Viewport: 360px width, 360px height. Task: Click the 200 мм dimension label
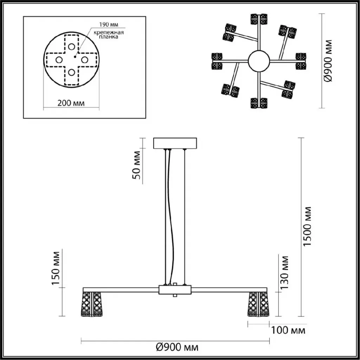click(71, 103)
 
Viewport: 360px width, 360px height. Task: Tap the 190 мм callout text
click(109, 25)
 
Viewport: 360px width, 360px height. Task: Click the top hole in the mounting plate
click(72, 47)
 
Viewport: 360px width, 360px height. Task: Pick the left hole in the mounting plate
click(59, 60)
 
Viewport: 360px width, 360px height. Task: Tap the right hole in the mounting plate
click(84, 60)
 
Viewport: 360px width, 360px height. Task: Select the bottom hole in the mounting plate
click(72, 72)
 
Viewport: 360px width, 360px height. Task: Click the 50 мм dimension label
click(136, 165)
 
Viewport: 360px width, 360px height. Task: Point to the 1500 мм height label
click(307, 226)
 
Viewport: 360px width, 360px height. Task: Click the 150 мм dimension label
click(56, 268)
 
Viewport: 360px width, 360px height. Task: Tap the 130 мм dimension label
click(284, 272)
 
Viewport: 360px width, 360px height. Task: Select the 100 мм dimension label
click(288, 330)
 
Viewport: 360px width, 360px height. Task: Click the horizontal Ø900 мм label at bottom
click(177, 347)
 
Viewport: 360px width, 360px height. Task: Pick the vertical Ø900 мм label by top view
click(328, 60)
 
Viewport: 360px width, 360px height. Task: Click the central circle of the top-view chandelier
click(259, 61)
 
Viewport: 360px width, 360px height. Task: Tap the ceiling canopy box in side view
click(175, 143)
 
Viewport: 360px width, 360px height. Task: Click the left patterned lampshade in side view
click(92, 304)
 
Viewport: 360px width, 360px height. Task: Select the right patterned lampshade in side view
click(258, 304)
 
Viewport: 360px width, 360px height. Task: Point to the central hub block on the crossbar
click(175, 290)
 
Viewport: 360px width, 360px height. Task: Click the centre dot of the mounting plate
click(75, 57)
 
